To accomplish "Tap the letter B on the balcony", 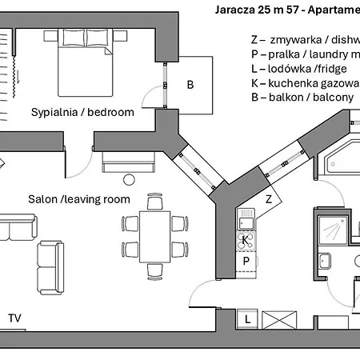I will coord(190,85).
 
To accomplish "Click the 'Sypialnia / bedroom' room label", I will coord(82,112).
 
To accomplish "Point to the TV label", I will coord(14,318).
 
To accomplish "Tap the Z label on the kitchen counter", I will coord(269,199).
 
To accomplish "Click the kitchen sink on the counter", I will coord(247,217).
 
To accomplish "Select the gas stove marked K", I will coord(246,240).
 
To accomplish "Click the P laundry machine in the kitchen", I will coord(246,261).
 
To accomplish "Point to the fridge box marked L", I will coord(248,319).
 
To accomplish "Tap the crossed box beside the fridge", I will coord(279,320).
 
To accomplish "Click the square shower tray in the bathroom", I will coord(329,233).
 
